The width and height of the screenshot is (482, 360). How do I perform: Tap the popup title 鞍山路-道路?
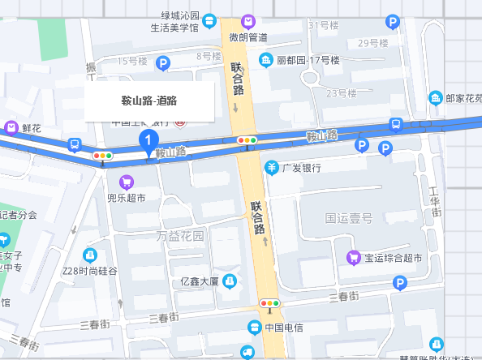click(x=149, y=101)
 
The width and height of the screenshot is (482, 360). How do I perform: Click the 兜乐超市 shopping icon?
click(x=126, y=182)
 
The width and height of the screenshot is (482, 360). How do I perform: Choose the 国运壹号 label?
click(x=348, y=218)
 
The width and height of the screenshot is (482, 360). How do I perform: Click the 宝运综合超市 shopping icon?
click(x=354, y=258)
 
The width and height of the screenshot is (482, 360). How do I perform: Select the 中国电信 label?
click(x=284, y=328)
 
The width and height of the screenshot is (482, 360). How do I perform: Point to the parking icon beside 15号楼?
click(x=163, y=62)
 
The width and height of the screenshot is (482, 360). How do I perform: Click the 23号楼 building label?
click(x=342, y=94)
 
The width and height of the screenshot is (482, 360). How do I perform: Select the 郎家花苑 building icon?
click(x=436, y=98)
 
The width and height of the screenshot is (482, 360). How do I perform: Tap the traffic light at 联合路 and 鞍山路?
click(x=247, y=140)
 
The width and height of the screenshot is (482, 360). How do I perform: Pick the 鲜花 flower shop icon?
click(x=12, y=127)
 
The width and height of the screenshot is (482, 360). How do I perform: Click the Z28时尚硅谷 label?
click(x=90, y=271)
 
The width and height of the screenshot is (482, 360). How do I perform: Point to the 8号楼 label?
click(x=209, y=56)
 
